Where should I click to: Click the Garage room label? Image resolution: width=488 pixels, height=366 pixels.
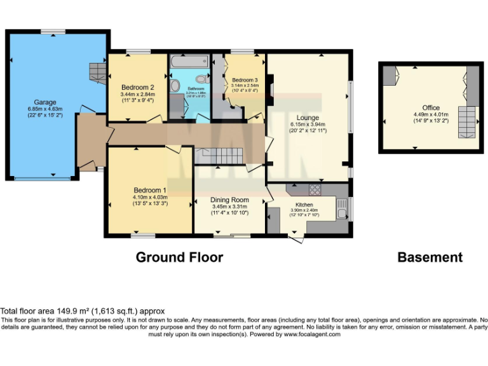click(45, 102)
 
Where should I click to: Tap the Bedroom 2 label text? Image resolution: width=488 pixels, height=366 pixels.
click(137, 88)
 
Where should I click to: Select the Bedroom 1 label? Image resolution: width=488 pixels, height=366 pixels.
click(150, 190)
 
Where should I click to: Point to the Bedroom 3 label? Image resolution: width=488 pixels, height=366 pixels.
click(245, 79)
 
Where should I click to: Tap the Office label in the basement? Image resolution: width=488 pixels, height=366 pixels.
click(431, 108)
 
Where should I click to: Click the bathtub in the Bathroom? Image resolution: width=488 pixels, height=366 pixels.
click(188, 62)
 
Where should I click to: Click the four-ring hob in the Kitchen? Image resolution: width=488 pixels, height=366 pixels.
click(315, 189)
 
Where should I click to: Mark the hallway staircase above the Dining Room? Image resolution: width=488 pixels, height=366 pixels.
click(219, 154)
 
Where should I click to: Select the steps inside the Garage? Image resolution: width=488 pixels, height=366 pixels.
click(97, 72)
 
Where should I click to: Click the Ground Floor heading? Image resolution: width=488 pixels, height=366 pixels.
click(179, 257)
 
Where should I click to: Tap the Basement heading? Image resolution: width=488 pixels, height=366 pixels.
click(430, 257)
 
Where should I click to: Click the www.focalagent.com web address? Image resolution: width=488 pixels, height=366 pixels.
click(311, 334)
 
